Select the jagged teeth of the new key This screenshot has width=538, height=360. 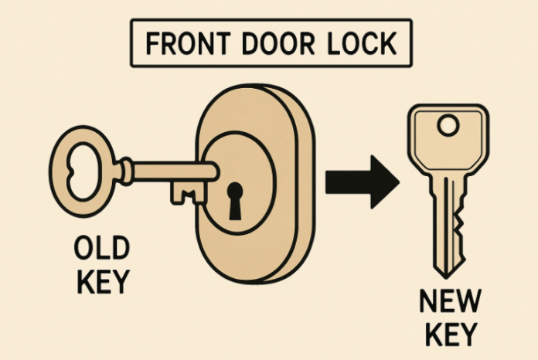(459, 224)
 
